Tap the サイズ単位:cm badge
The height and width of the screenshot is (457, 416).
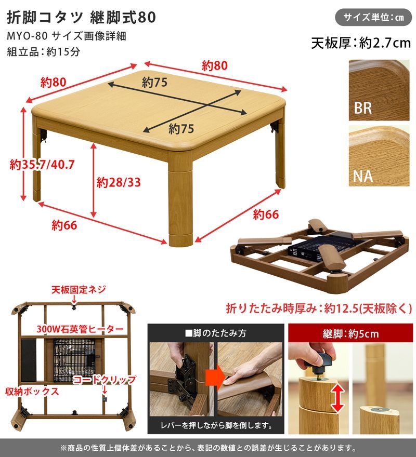pos(373,17)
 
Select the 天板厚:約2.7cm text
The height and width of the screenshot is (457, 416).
pos(360,43)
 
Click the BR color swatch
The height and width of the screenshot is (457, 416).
pos(379,90)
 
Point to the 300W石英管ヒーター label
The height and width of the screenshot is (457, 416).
pos(80,329)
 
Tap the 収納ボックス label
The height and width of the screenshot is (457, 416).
pos(32,391)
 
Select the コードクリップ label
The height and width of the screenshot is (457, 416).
pos(104,380)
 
